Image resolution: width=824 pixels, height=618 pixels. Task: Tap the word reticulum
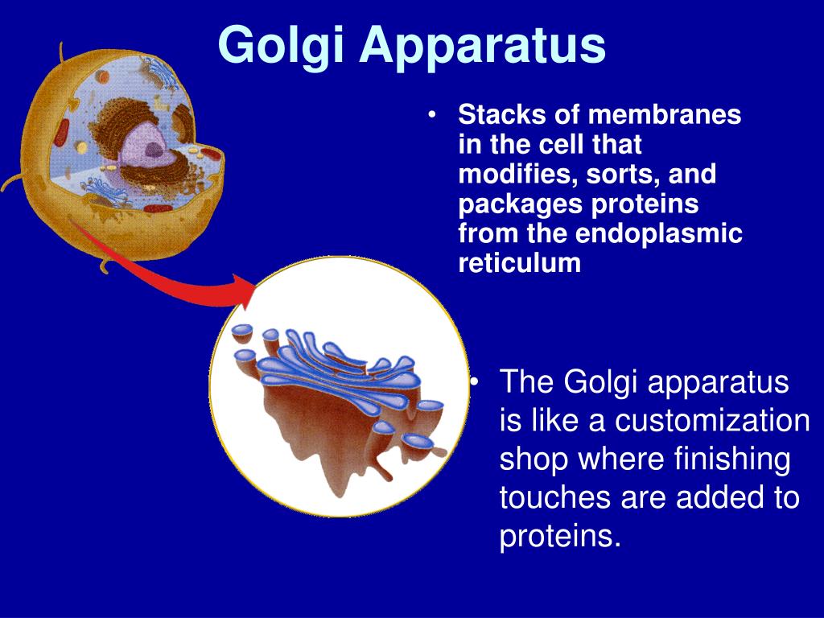[x=519, y=263]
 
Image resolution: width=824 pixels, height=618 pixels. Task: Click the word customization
[x=712, y=420]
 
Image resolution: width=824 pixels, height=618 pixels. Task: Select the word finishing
[x=732, y=459]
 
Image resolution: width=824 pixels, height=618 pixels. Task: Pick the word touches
[x=555, y=497]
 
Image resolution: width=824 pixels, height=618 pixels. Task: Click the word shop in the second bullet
[x=534, y=459]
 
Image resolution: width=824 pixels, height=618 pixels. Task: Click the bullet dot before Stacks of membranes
[x=432, y=115]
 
